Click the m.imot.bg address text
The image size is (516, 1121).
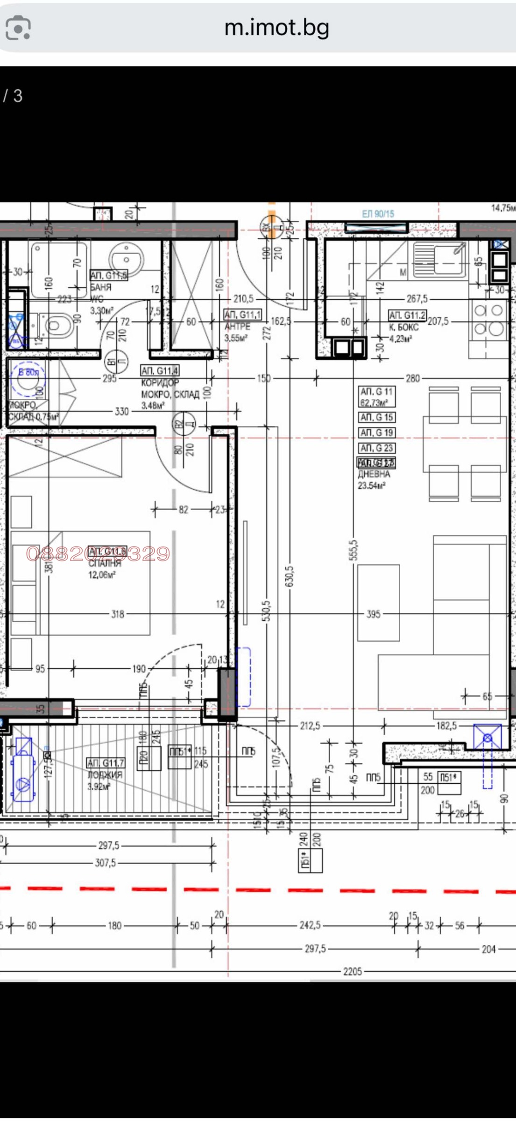coord(276,28)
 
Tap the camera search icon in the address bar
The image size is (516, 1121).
coord(18,28)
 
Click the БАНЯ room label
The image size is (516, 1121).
coord(101,287)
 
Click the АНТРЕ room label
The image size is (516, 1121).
coord(237,326)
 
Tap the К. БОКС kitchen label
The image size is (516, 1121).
coord(404,327)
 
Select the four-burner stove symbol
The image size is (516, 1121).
coord(488,319)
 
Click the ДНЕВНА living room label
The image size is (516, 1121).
coord(374,474)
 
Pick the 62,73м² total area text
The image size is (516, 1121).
coord(374,402)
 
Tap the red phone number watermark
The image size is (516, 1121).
coord(98,553)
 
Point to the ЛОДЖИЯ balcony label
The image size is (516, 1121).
coord(105,774)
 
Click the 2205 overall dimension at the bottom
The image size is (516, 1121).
coord(352,972)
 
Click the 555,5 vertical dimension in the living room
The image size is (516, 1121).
coord(353,550)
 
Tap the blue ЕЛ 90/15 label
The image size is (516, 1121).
coord(378,214)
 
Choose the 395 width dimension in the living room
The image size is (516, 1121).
coord(373,614)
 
